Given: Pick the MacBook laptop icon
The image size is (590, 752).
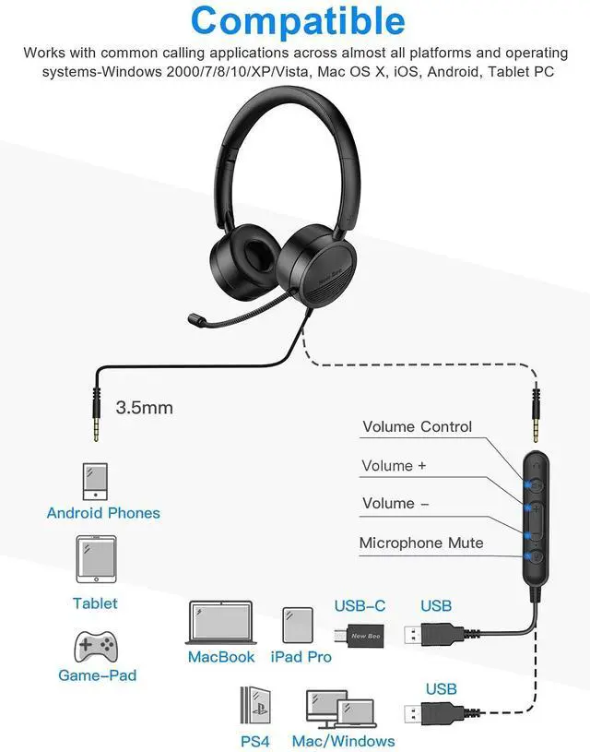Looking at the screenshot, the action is (x=220, y=622).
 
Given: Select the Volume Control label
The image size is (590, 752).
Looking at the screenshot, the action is (x=417, y=426).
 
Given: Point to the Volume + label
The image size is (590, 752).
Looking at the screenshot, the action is (x=394, y=466).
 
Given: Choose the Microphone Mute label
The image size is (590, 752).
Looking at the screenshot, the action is (x=420, y=543).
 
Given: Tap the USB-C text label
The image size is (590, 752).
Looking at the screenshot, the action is (x=360, y=605).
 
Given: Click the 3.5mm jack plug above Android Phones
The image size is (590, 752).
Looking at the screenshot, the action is (x=96, y=403).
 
